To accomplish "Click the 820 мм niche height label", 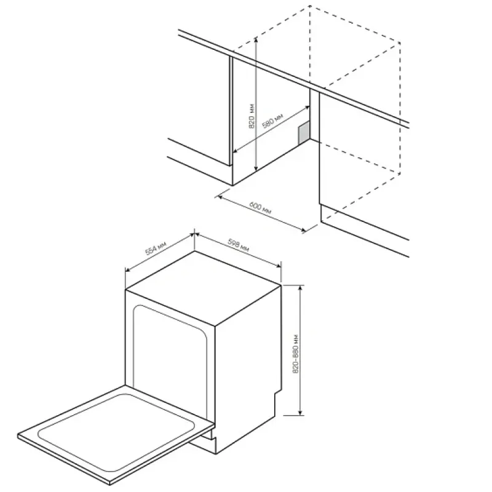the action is click(x=252, y=116).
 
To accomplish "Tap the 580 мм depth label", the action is click(x=272, y=121).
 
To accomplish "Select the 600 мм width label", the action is click(x=260, y=208).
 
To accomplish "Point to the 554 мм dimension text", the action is click(x=156, y=248).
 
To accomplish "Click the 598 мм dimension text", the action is click(x=239, y=245).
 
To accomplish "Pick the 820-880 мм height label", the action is click(x=296, y=354).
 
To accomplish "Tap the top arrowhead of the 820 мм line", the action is click(x=256, y=39).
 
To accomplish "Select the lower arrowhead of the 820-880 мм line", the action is click(x=300, y=412).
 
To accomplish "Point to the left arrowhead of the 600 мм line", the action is click(x=220, y=197).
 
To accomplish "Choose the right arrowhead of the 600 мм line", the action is click(x=303, y=231).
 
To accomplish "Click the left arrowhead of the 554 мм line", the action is click(x=128, y=270).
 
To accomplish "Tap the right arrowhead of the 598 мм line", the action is click(x=279, y=266).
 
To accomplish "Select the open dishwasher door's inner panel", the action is click(x=116, y=433).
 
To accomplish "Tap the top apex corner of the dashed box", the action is click(x=310, y=6).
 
